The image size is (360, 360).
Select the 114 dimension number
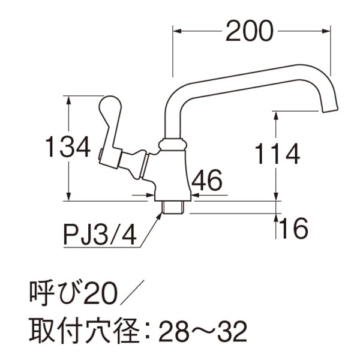click(x=277, y=155)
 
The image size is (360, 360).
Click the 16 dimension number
click(x=293, y=228)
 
